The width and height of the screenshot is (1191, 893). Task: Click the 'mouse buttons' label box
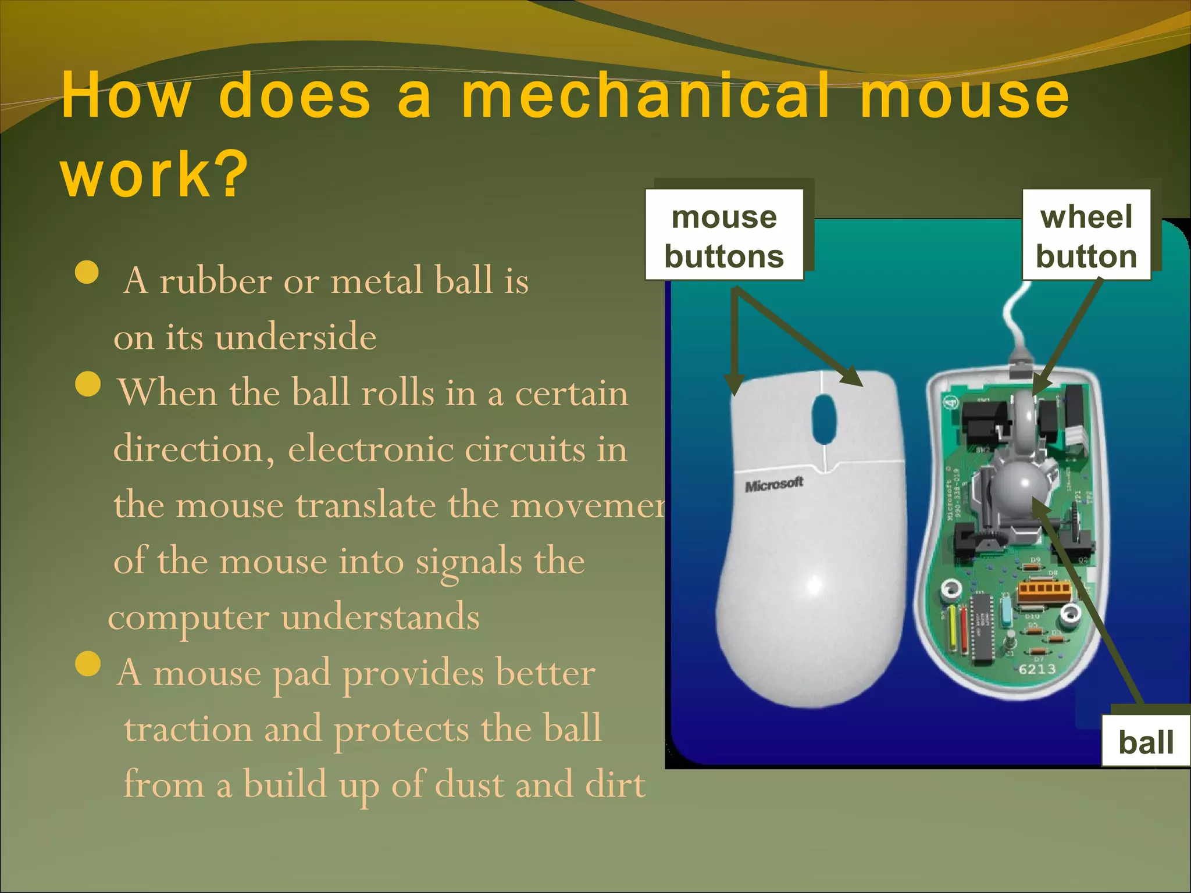(724, 235)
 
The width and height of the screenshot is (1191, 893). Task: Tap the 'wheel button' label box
(1086, 235)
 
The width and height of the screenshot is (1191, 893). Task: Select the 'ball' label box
(1146, 742)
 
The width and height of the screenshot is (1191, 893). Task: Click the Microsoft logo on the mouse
(774, 484)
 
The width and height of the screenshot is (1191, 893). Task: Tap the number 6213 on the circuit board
(1037, 669)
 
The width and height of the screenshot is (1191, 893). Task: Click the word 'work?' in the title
(154, 174)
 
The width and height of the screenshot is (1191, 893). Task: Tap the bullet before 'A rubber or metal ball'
(87, 272)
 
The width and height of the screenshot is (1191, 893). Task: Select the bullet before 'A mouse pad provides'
(88, 664)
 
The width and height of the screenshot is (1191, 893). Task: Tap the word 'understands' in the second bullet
(380, 617)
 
